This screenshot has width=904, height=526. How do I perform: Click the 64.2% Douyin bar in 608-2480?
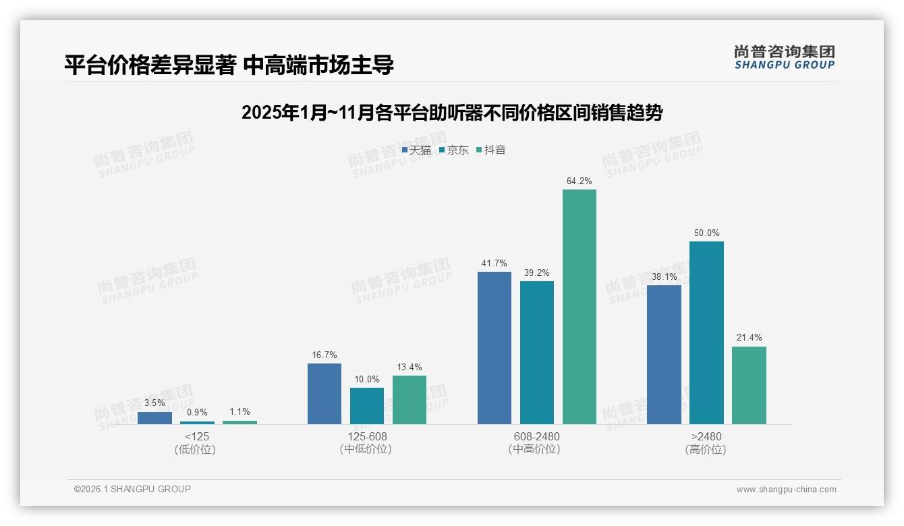tap(579, 307)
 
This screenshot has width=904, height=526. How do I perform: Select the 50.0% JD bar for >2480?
tap(706, 332)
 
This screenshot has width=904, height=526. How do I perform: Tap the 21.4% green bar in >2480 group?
tap(749, 385)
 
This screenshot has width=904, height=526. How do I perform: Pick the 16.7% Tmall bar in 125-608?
tap(324, 394)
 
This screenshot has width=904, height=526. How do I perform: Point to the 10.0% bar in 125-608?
tap(367, 406)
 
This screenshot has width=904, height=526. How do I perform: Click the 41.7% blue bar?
tap(495, 348)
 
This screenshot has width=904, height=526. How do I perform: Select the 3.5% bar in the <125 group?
tap(154, 418)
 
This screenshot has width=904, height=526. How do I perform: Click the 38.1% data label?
tap(664, 276)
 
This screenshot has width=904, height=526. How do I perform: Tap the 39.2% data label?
tap(536, 272)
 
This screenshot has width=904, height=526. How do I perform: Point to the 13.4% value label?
tap(409, 367)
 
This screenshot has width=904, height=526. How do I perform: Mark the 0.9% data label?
tap(197, 412)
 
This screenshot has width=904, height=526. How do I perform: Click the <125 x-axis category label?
tap(196, 436)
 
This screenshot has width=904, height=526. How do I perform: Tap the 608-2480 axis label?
tap(536, 436)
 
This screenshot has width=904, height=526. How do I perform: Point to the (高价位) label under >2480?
tap(706, 450)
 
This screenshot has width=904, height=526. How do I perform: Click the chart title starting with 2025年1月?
tap(451, 113)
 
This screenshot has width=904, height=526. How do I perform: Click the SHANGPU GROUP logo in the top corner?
tap(784, 57)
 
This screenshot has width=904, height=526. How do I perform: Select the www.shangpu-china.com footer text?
tap(786, 490)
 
